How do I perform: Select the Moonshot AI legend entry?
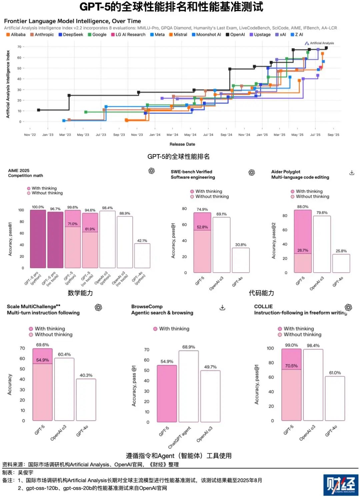pos(206,34)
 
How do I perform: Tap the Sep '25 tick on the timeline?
pos(333,135)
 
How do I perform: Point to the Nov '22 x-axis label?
pos(30,135)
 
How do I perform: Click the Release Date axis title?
pos(182,144)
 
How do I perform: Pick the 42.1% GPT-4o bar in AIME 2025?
pos(142,256)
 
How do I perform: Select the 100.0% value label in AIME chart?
pos(38,207)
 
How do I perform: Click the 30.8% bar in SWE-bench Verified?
pos(241,260)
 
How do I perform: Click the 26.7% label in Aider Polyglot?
pos(303,250)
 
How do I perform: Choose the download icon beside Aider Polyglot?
pos(352,172)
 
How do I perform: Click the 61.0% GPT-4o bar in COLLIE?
pos(335,398)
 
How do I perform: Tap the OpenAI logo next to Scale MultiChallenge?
pos(98,307)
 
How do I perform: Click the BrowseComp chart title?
pos(147,307)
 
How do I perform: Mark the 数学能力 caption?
pos(80,293)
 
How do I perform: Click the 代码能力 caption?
pos(261,293)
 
